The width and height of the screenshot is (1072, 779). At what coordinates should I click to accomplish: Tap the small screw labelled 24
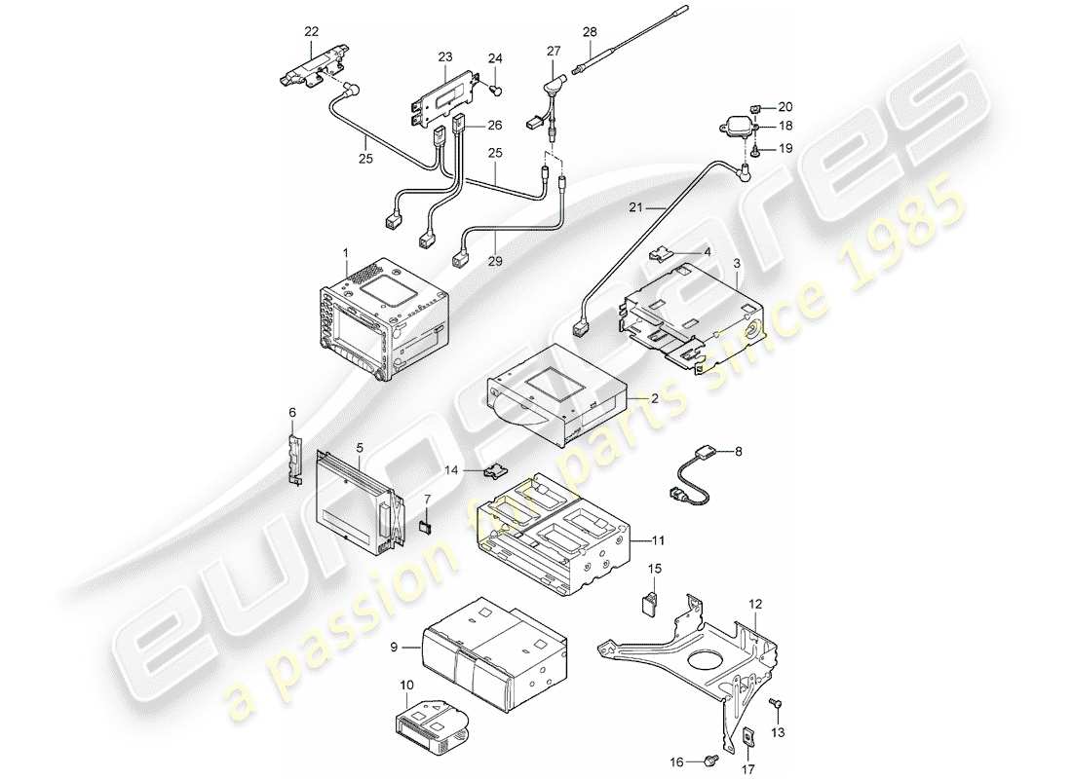497,92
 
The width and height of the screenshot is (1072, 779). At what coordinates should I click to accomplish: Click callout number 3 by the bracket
738,264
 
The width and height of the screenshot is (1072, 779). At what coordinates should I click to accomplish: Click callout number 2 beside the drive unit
655,399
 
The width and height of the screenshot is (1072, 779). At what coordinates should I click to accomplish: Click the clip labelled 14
495,470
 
